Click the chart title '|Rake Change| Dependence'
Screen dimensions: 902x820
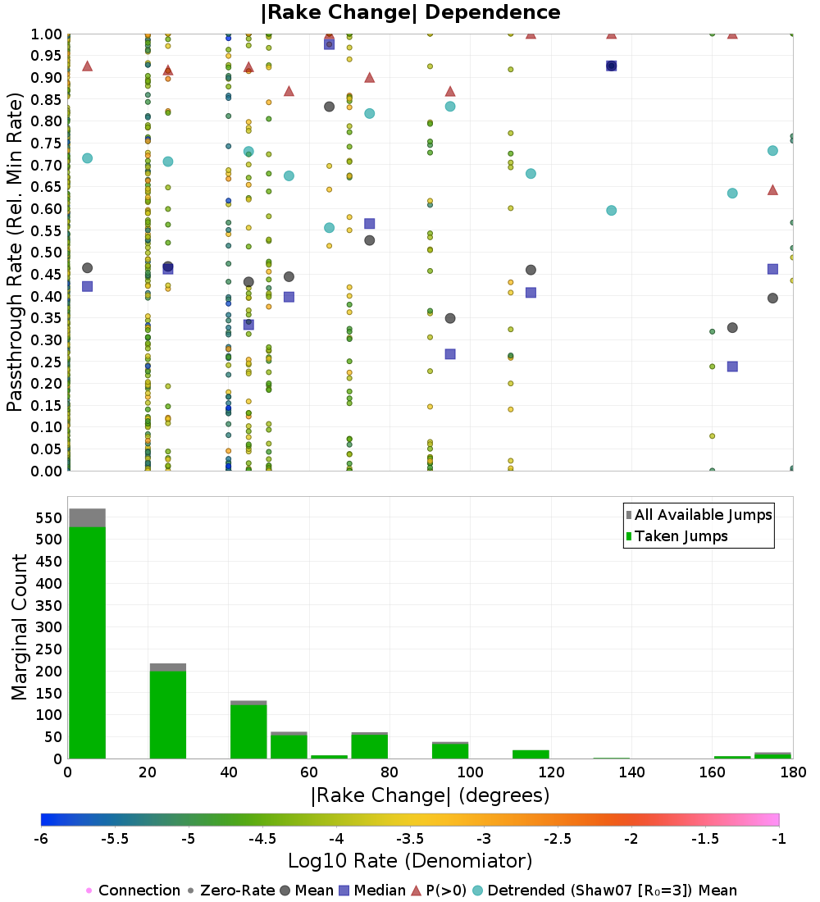tap(411, 12)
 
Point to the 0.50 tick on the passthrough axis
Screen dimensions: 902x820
tap(46, 253)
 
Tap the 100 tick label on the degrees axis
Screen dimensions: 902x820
tap(470, 772)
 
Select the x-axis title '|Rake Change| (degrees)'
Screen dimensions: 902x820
tap(430, 795)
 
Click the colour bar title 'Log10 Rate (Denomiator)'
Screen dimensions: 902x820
tap(410, 860)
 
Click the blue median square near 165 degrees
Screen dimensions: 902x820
tap(732, 367)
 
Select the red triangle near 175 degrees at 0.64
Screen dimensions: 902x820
tap(772, 190)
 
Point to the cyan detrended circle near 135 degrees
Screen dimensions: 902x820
tap(611, 210)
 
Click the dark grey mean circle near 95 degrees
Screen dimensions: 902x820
tap(450, 318)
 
